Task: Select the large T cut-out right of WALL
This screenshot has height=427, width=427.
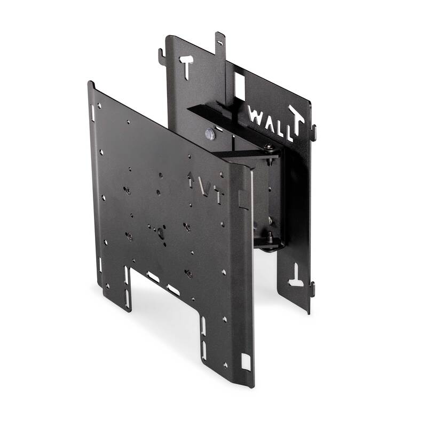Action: click(297, 122)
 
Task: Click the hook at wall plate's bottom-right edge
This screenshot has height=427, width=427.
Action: click(312, 289)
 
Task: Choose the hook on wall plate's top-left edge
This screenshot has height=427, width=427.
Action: click(161, 56)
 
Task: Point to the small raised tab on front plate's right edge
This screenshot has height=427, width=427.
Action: click(243, 199)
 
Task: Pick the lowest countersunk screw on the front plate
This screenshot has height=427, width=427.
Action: click(188, 273)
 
